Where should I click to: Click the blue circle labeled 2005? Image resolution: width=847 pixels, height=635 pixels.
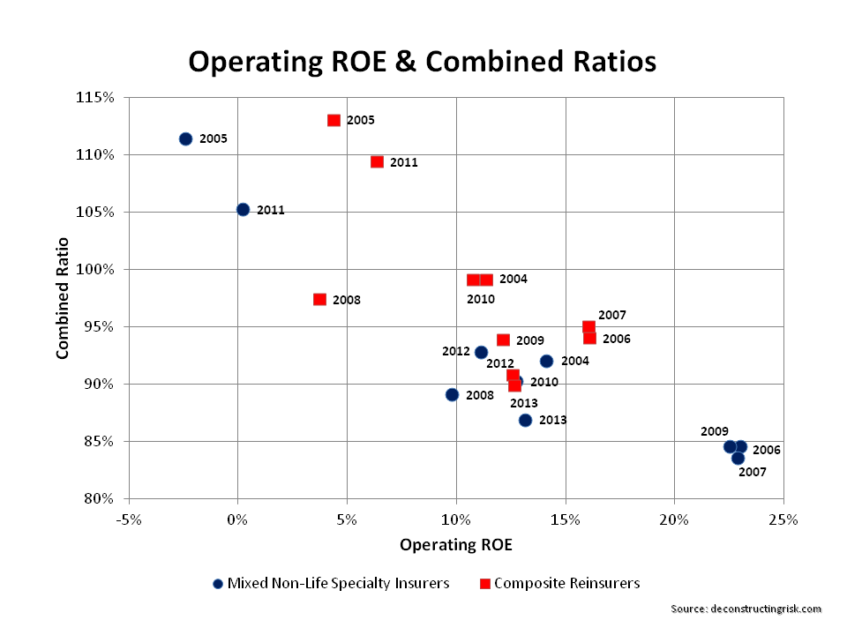pyautogui.click(x=185, y=138)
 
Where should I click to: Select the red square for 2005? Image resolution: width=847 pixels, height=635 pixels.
pyautogui.click(x=334, y=120)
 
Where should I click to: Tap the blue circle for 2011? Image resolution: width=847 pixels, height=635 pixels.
pyautogui.click(x=243, y=210)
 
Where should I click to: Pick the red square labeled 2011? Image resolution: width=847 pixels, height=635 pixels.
pyautogui.click(x=377, y=161)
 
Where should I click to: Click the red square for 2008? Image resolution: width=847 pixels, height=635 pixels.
pyautogui.click(x=319, y=299)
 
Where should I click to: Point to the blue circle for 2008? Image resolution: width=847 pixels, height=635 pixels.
pyautogui.click(x=452, y=394)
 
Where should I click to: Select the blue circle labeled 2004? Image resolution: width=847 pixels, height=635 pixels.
pyautogui.click(x=546, y=361)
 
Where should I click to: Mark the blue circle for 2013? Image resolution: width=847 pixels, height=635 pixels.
pyautogui.click(x=525, y=420)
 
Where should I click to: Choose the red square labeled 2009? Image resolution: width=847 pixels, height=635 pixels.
pyautogui.click(x=503, y=340)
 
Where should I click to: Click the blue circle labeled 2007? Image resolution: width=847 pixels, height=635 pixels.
pyautogui.click(x=738, y=458)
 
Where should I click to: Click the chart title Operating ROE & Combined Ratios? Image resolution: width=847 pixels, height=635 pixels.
pyautogui.click(x=423, y=62)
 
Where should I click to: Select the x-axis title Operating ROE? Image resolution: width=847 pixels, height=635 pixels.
pyautogui.click(x=456, y=544)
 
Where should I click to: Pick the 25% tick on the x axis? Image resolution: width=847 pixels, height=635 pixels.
pyautogui.click(x=783, y=519)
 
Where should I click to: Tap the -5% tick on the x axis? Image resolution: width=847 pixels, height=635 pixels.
pyautogui.click(x=128, y=519)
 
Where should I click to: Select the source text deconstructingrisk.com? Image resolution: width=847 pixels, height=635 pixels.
pyautogui.click(x=746, y=609)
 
